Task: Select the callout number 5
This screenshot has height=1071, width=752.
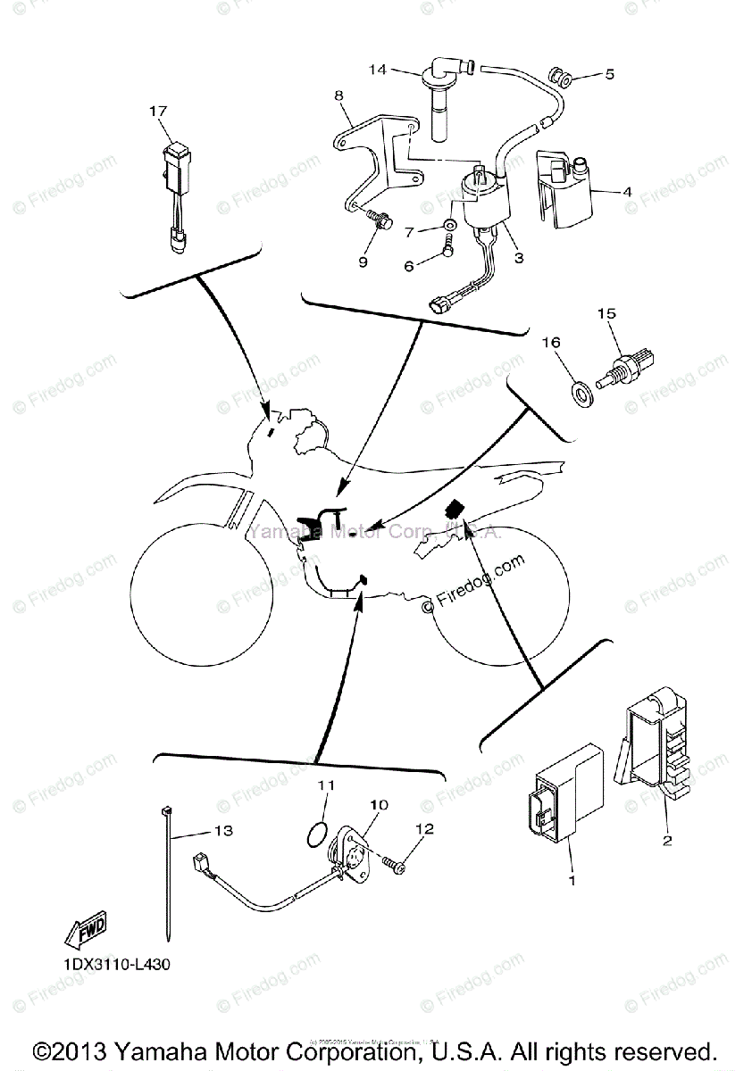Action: (610, 75)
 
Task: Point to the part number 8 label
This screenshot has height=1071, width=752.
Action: (340, 95)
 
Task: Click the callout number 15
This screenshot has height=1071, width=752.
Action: (607, 314)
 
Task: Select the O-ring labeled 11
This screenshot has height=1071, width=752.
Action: (313, 834)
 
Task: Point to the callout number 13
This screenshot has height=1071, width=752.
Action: (222, 831)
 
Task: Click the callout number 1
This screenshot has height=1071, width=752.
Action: (572, 880)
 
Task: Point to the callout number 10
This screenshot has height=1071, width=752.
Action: (380, 805)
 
